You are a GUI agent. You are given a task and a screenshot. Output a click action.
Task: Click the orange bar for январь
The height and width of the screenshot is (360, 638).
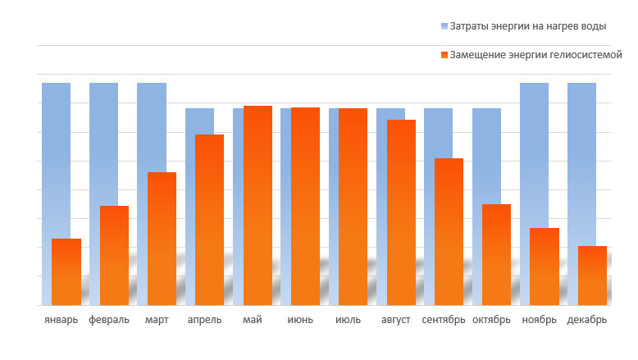66,271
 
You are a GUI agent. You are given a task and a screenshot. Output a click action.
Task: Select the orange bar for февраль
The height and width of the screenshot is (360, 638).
114,255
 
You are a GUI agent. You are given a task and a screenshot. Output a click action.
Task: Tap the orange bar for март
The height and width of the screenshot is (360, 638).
162,239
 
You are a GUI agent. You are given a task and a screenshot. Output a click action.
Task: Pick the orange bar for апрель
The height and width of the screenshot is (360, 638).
209,220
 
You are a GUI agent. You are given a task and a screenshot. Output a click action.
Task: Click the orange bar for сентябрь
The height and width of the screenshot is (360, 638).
449,231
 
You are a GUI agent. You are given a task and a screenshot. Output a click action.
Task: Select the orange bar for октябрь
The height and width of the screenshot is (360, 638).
496,254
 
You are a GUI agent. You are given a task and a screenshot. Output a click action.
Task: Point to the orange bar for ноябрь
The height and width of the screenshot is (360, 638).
544,267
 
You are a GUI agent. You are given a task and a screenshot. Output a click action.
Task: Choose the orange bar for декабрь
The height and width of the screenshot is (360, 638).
592,276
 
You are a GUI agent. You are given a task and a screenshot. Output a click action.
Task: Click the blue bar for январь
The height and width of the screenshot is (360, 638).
56,156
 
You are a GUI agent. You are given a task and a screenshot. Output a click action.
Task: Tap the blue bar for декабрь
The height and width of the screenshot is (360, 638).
581,156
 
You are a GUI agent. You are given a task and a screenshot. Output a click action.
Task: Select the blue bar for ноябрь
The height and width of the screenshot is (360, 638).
534,148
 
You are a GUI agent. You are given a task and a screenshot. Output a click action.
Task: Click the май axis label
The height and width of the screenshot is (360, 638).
253,320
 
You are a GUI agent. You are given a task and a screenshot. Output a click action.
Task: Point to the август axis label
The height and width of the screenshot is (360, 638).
396,320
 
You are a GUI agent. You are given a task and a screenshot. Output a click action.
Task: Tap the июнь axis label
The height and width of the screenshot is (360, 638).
300,320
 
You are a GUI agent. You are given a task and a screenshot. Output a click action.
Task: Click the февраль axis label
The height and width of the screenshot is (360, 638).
108,320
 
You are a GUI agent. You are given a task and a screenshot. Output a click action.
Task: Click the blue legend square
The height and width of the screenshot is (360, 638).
444,26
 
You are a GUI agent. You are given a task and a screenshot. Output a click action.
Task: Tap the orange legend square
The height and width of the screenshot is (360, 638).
444,55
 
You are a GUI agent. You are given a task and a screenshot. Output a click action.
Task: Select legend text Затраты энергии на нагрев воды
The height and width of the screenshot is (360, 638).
528,26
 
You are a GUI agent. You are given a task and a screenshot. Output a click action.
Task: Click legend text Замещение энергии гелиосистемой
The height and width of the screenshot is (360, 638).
536,55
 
